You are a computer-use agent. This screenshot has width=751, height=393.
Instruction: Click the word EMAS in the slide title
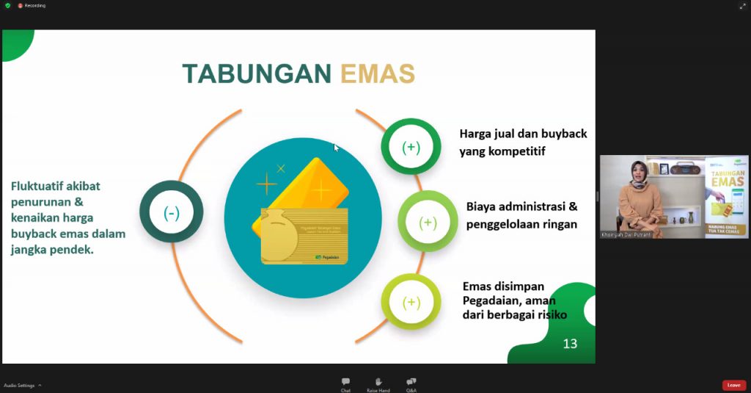click(x=378, y=73)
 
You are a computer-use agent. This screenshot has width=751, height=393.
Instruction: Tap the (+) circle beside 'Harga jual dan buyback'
click(x=411, y=147)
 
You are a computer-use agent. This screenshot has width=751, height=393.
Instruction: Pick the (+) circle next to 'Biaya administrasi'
click(x=428, y=222)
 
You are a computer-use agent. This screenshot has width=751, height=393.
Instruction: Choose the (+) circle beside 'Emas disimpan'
click(x=411, y=302)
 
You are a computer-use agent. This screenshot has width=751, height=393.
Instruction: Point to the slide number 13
click(x=570, y=343)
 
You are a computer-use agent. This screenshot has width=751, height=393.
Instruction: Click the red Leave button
click(x=733, y=385)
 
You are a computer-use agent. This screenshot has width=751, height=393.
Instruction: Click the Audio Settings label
click(x=19, y=385)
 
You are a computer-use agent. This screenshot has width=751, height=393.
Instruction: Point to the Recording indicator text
click(x=34, y=5)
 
